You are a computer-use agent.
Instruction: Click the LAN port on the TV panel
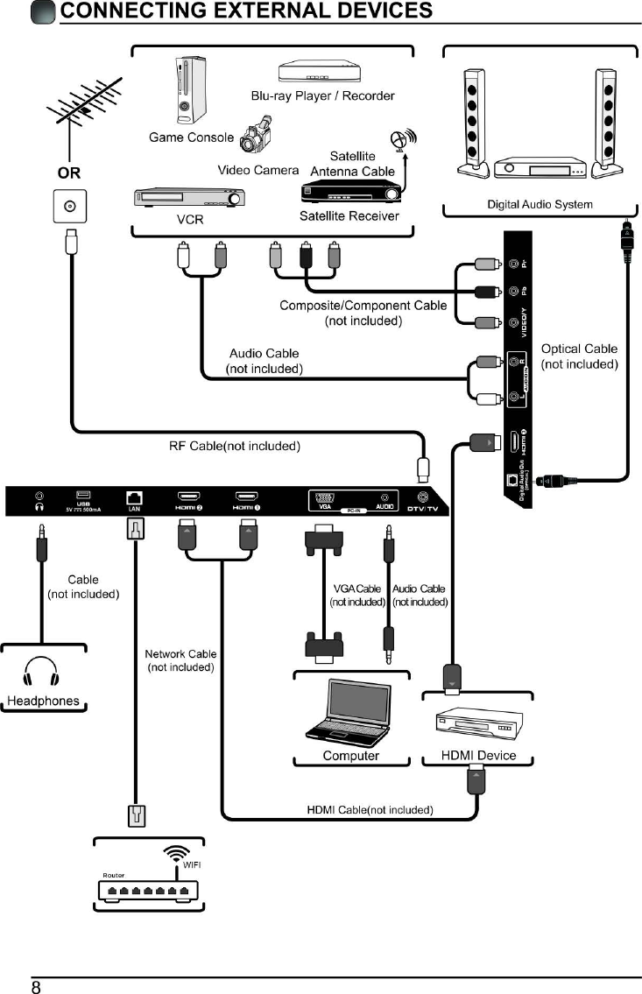(x=136, y=498)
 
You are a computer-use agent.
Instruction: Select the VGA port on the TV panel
(x=323, y=498)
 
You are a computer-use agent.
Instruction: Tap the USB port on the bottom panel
(x=83, y=496)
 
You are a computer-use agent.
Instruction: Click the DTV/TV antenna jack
(x=424, y=497)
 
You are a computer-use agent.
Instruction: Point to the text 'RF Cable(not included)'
(x=234, y=446)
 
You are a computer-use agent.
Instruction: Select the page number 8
(x=37, y=987)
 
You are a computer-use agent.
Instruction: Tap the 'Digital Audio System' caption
(x=540, y=205)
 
